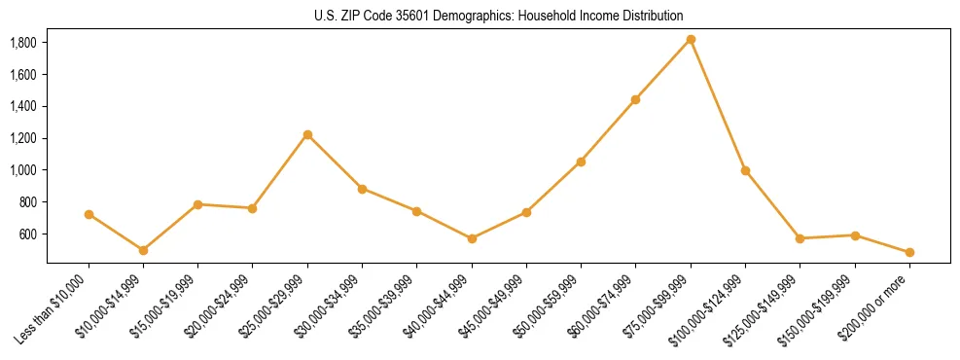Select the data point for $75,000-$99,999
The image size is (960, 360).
tap(691, 39)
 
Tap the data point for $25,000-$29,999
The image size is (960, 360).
tap(307, 134)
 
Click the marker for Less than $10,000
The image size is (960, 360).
tap(89, 214)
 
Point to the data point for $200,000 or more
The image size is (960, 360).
tap(909, 252)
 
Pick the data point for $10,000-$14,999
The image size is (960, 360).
tap(143, 250)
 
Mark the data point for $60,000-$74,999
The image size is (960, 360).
tap(635, 99)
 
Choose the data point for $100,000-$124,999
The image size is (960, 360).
tap(745, 170)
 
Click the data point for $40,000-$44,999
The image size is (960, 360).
tap(472, 238)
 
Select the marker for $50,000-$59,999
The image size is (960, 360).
tap(581, 162)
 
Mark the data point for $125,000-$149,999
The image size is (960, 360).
tap(800, 238)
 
